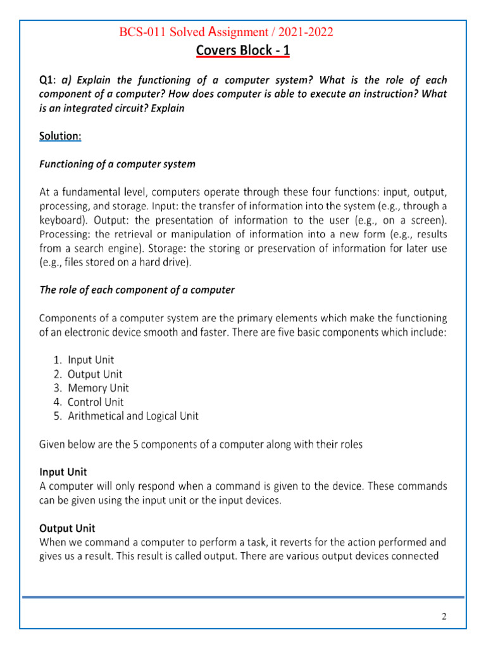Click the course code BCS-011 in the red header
pos(142,32)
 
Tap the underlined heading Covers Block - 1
pos(243,51)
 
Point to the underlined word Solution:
pos(60,136)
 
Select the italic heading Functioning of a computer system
pos(117,164)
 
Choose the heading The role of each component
pos(137,290)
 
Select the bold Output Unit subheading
pos(67,528)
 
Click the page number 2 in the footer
pos(444,616)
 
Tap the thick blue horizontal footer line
pos(243,596)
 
